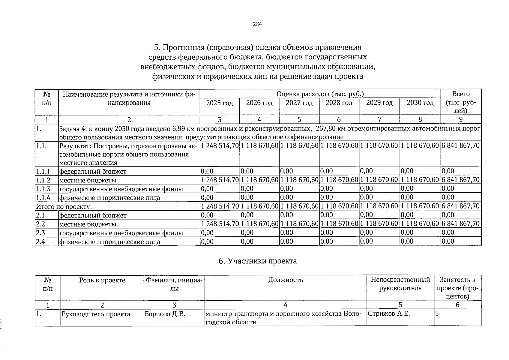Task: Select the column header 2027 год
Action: click(299, 103)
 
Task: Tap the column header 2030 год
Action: click(420, 103)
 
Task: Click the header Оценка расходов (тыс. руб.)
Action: click(320, 94)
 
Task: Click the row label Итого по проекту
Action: click(64, 207)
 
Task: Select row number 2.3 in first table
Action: click(40, 233)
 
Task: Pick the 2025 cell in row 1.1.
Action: click(220, 146)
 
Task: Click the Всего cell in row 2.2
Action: click(461, 224)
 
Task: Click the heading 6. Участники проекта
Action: click(258, 261)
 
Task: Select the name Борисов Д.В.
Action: click(165, 314)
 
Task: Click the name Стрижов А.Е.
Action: click(389, 314)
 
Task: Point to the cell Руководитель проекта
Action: click(96, 314)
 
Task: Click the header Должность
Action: click(286, 280)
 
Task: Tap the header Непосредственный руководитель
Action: click(400, 284)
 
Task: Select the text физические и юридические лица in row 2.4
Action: click(110, 242)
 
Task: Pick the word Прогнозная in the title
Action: click(181, 47)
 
